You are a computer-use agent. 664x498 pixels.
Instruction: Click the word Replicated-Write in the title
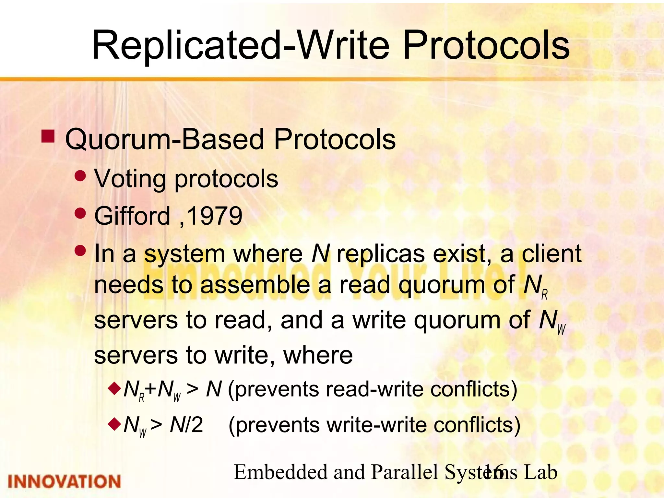coord(240,45)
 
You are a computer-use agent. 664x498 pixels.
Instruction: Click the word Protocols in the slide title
coord(486,45)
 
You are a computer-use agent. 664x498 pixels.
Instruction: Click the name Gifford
coord(132,216)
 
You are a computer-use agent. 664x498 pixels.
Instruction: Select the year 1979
coord(215,216)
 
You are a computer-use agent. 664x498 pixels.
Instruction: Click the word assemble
coord(255,285)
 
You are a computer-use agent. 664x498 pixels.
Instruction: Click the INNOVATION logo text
coord(64,481)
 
